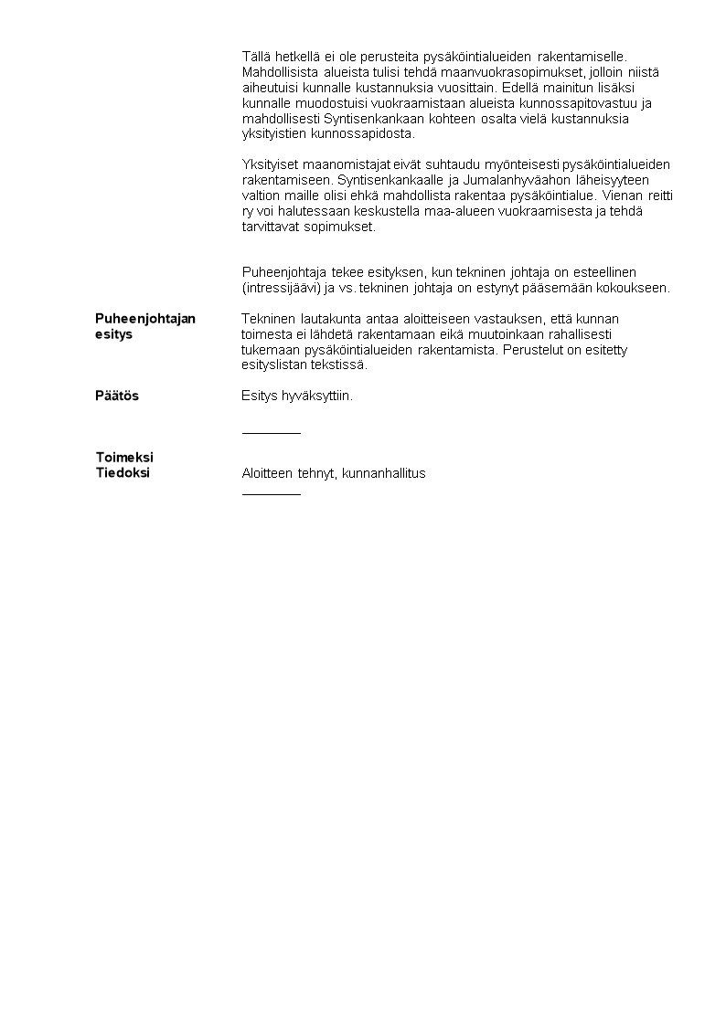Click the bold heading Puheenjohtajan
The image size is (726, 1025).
(x=145, y=319)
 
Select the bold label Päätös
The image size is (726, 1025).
(x=117, y=396)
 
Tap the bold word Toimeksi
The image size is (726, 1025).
(x=124, y=457)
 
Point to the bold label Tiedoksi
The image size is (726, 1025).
(x=123, y=473)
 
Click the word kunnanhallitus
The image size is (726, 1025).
(x=384, y=473)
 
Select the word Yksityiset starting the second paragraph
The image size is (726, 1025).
(x=271, y=164)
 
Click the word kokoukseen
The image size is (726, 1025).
(x=636, y=288)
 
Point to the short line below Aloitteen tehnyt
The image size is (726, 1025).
(x=271, y=494)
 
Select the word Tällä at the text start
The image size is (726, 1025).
(x=257, y=57)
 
